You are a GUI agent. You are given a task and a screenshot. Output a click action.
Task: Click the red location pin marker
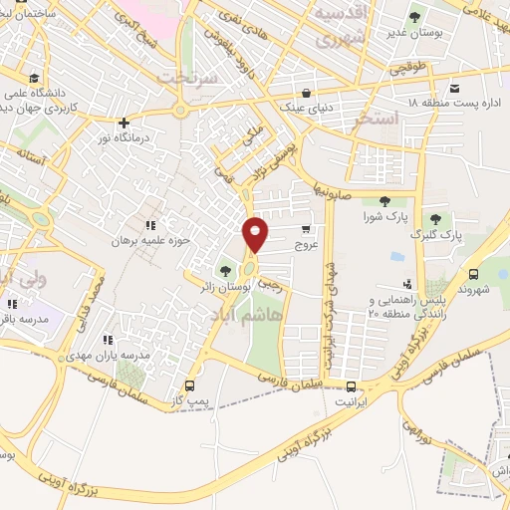click(x=256, y=233)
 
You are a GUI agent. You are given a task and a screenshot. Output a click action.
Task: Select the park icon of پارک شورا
click(x=384, y=202)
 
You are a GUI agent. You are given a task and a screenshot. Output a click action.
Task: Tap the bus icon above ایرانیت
click(x=351, y=386)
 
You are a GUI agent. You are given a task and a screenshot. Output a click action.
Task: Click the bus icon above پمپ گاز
click(x=190, y=386)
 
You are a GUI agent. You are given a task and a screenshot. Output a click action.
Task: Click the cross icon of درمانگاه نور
click(x=124, y=124)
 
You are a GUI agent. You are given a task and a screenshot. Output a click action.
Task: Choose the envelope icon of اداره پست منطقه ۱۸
click(x=455, y=88)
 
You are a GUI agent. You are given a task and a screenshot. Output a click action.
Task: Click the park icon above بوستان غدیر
click(x=414, y=17)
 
